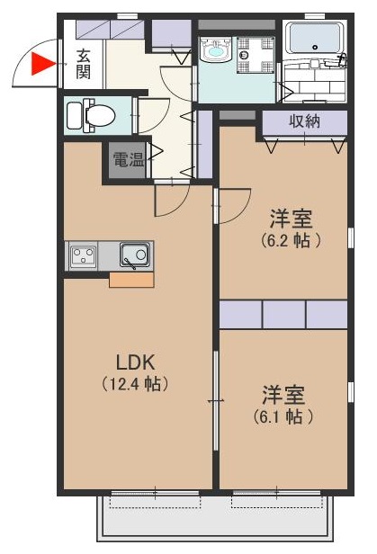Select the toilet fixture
coord(90,115)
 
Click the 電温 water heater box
coord(126,160)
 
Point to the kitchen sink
coord(135,255)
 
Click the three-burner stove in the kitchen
coord(85,255)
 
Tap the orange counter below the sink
coord(131,279)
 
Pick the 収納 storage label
coord(304,121)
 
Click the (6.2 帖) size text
coord(291,240)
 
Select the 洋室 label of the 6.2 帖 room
coord(291,218)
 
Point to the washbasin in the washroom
coord(217,52)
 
